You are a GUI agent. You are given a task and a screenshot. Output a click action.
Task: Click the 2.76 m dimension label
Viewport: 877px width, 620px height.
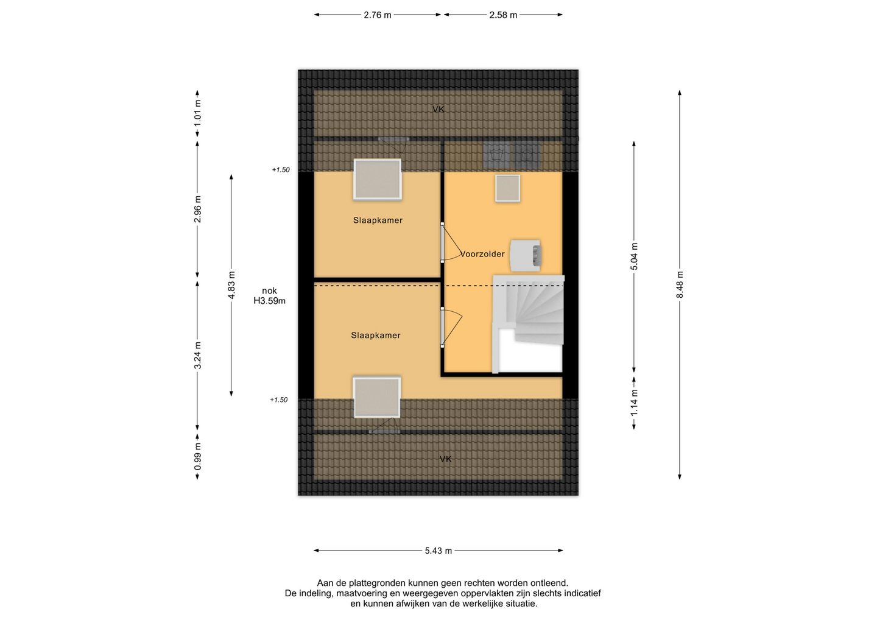[x=378, y=15]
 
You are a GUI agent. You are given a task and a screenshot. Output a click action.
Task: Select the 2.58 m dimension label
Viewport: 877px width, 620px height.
[x=503, y=15]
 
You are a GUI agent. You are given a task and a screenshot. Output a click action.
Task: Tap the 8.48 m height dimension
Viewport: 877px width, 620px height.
[x=680, y=284]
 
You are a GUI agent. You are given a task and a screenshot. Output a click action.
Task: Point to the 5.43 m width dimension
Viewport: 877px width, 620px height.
[x=438, y=551]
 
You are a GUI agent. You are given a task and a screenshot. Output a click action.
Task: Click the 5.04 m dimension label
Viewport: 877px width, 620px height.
[x=634, y=256]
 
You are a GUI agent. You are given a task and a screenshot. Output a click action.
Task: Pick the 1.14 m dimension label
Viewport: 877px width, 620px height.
[x=634, y=403]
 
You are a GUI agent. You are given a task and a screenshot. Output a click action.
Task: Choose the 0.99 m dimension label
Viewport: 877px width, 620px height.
[x=197, y=456]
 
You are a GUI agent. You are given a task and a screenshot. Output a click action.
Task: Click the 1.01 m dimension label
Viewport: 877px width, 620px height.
[x=197, y=112]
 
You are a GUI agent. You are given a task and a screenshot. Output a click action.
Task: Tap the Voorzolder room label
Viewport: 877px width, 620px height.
[x=482, y=254]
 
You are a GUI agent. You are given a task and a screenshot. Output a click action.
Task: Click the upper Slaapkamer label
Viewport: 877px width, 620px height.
[x=378, y=220]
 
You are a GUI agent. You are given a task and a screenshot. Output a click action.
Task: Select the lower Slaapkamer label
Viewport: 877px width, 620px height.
[x=376, y=336]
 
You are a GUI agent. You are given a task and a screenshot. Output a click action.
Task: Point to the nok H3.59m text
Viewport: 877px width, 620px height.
[x=269, y=296]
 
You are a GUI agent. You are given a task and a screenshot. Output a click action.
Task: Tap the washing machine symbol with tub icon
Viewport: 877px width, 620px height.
[x=496, y=155]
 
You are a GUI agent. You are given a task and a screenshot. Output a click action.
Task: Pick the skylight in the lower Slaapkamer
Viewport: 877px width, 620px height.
[x=376, y=397]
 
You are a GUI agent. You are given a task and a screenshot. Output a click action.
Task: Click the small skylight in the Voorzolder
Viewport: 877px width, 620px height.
[x=507, y=188]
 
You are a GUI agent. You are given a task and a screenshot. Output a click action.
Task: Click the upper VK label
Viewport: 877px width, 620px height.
[x=438, y=110]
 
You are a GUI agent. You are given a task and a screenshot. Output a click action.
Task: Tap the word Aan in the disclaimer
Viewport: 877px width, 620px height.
[x=325, y=583]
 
